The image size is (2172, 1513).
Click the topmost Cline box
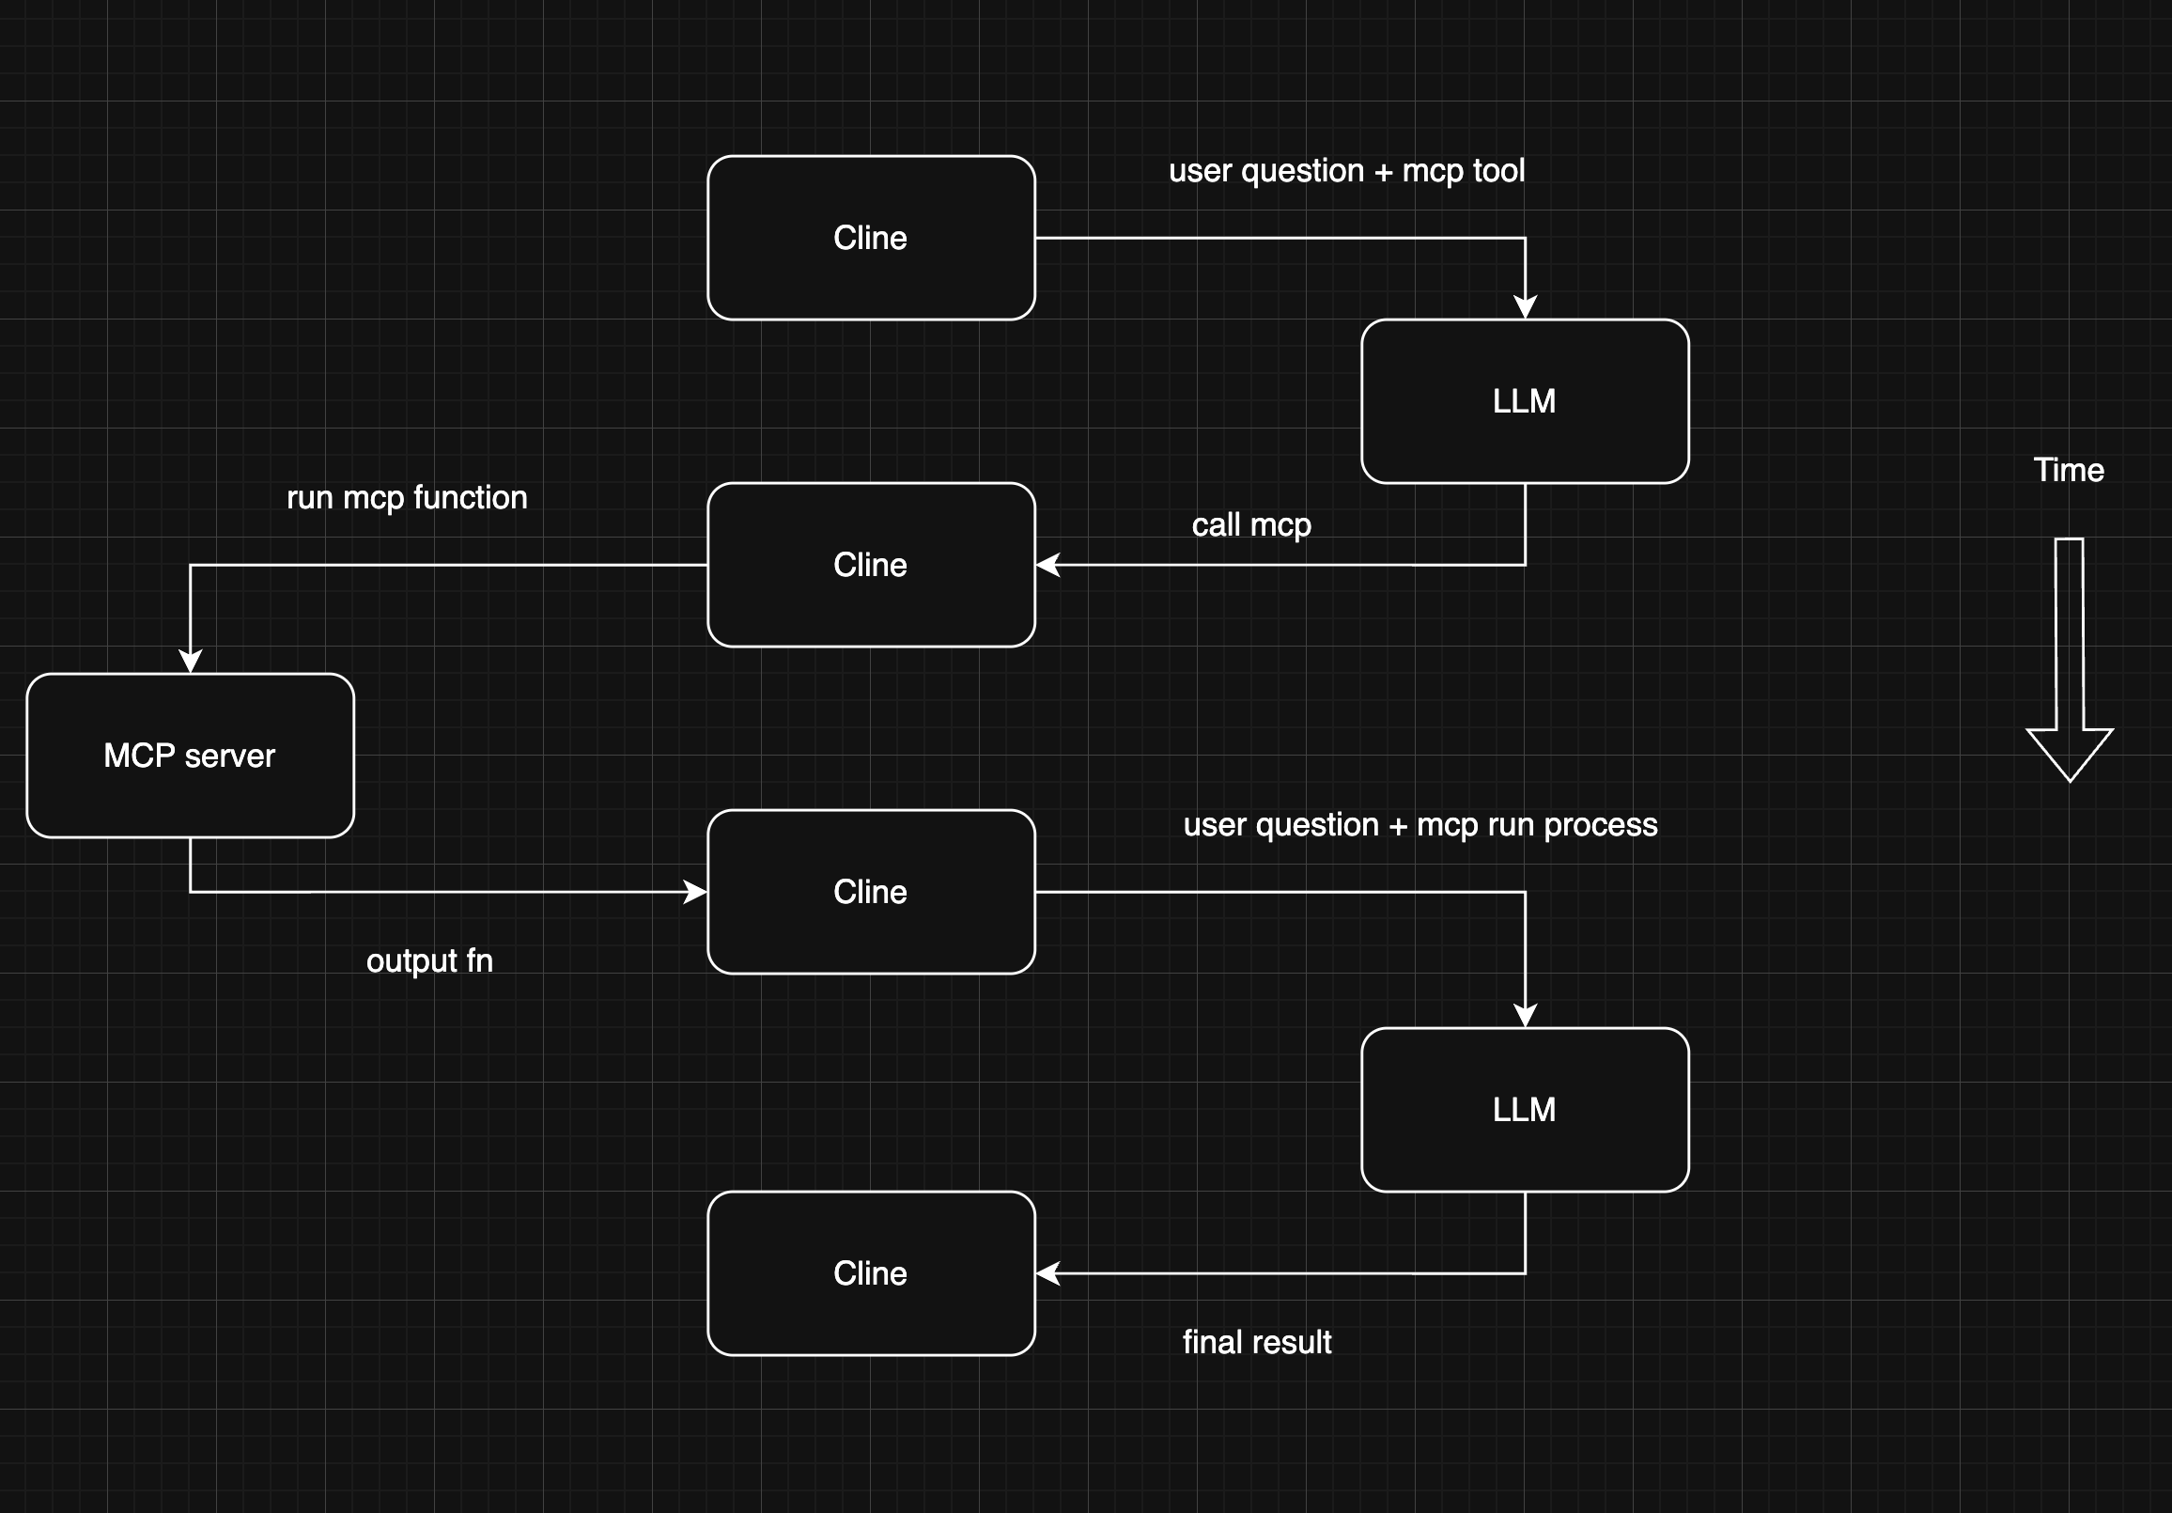coord(870,238)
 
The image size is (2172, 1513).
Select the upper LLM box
coord(1524,401)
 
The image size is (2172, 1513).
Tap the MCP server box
coord(190,755)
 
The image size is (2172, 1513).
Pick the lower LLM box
coord(1524,1109)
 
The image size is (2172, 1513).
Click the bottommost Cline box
coord(870,1272)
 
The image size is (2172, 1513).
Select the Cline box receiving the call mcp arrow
coord(870,565)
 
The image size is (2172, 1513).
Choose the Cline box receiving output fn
coord(870,891)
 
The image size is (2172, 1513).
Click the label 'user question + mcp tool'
coord(1346,171)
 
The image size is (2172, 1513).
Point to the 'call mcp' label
coord(1250,525)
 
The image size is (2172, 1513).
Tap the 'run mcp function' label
coord(407,498)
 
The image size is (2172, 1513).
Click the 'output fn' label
coord(429,960)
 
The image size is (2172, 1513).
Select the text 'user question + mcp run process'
coord(1420,825)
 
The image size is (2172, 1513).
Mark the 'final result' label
coord(1256,1342)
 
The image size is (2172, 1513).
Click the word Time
coord(2069,470)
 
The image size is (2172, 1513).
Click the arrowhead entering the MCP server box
coord(190,662)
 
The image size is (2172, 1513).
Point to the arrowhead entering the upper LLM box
coord(1525,307)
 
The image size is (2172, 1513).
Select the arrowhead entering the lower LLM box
coord(1525,1016)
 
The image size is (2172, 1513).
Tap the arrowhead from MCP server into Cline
coord(695,891)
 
